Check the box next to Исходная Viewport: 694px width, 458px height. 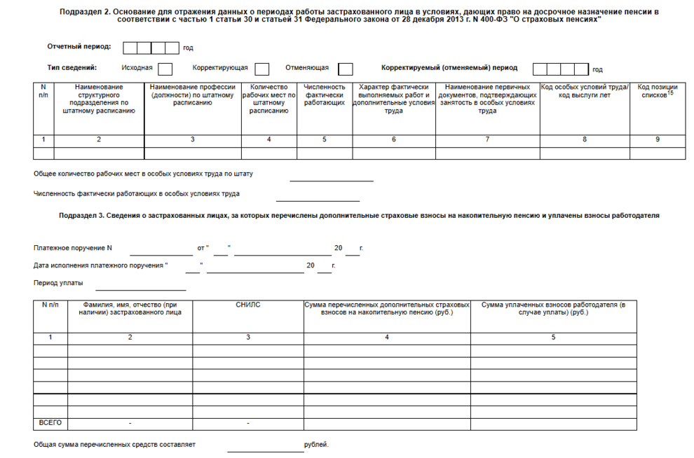click(165, 69)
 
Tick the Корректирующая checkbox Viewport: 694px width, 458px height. click(262, 69)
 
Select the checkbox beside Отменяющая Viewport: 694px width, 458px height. click(345, 69)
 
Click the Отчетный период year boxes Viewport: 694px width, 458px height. click(151, 48)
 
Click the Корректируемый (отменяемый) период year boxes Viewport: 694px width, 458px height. click(560, 69)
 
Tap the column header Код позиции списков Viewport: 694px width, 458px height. click(657, 92)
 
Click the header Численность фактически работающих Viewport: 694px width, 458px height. click(324, 95)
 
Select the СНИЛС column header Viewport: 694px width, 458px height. click(248, 305)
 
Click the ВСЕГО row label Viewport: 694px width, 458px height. click(50, 423)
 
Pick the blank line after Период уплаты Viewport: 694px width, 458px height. click(140, 286)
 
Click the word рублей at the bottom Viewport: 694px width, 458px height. click(316, 445)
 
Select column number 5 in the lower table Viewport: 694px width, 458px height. click(552, 338)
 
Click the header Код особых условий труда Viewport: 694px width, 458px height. click(585, 91)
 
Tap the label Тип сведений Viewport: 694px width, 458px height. click(72, 68)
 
